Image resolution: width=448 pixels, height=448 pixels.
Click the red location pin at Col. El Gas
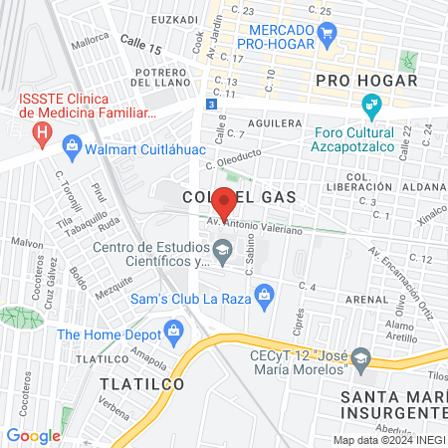point(225,202)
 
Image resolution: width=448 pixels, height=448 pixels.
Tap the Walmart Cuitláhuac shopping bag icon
point(71,149)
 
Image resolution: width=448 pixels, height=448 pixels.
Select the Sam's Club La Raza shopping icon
point(263,294)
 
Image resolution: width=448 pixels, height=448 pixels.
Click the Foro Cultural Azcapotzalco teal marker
point(371,104)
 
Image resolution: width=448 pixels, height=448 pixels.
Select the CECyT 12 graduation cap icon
point(360,356)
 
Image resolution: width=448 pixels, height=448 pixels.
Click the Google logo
point(33,435)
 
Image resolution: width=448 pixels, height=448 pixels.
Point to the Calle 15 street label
point(140,49)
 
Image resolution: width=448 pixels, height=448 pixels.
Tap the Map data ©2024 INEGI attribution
point(389,440)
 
